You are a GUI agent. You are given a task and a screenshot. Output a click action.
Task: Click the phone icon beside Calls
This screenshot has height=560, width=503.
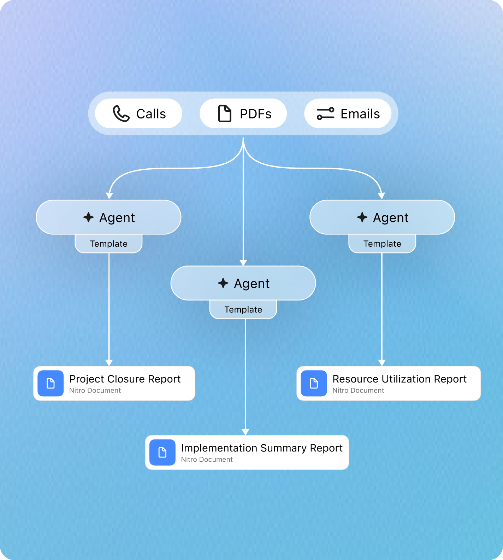click(x=121, y=114)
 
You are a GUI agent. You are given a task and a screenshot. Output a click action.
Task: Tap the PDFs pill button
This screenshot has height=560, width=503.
click(x=243, y=113)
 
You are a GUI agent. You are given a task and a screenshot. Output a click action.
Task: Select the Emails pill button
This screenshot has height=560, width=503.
click(x=348, y=113)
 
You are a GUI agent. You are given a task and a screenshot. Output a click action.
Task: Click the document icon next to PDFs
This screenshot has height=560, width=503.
click(x=225, y=114)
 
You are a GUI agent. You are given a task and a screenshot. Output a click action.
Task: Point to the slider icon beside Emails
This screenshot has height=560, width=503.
click(x=325, y=114)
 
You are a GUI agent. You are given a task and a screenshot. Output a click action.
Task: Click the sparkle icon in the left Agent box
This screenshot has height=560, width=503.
click(x=88, y=217)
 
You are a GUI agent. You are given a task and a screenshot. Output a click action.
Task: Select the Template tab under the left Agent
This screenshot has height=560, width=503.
click(x=108, y=244)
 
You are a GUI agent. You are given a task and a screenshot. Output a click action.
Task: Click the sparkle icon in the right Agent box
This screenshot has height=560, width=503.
click(x=362, y=217)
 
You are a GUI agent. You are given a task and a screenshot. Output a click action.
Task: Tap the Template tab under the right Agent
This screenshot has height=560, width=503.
click(x=382, y=244)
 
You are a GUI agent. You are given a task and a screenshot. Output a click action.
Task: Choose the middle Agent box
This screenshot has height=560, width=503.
click(x=243, y=283)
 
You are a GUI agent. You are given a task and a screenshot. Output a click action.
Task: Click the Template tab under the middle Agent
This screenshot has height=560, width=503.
click(x=243, y=310)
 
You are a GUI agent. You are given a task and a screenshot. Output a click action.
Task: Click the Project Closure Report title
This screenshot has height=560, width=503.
click(x=125, y=379)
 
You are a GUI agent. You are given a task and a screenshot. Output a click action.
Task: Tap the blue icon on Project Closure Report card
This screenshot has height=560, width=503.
click(x=51, y=383)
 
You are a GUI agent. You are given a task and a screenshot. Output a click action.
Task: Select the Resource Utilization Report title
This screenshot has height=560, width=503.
click(x=399, y=379)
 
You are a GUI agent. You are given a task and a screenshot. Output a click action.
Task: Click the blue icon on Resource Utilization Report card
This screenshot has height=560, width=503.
click(x=314, y=383)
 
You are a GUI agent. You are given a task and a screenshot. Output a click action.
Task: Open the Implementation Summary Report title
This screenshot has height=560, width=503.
click(x=261, y=448)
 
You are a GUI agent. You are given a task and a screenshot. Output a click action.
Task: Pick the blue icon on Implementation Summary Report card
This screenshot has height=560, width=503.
click(x=162, y=453)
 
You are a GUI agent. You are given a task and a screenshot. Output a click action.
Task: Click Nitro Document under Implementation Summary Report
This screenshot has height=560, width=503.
click(x=207, y=460)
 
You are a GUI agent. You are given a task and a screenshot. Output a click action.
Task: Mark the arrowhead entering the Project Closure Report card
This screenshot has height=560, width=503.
click(x=109, y=363)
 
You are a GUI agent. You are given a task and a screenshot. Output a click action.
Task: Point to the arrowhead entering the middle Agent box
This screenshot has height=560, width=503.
click(x=243, y=263)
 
